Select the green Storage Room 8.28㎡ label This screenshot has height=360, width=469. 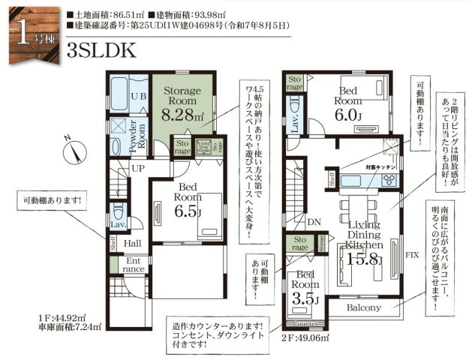[182, 103]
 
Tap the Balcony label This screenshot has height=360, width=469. [364, 307]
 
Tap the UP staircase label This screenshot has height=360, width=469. [138, 169]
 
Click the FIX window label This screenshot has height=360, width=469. [411, 255]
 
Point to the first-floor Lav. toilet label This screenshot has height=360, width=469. [116, 224]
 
